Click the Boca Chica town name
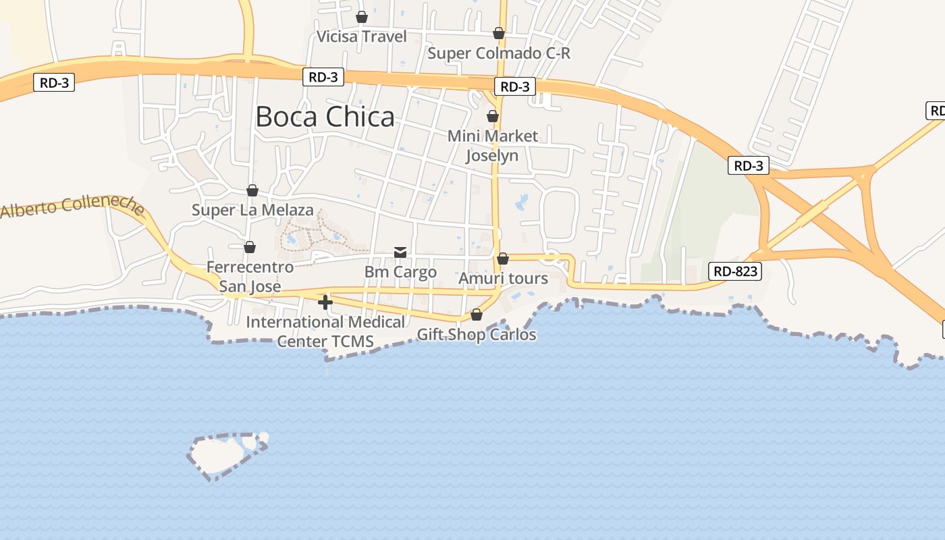pyautogui.click(x=325, y=117)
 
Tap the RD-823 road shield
pyautogui.click(x=736, y=272)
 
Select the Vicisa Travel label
pyautogui.click(x=362, y=36)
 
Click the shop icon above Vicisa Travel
pyautogui.click(x=362, y=17)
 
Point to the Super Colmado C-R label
pyautogui.click(x=499, y=53)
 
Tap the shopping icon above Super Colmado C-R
pyautogui.click(x=499, y=33)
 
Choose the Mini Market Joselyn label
pyautogui.click(x=493, y=146)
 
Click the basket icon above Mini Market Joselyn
pyautogui.click(x=493, y=116)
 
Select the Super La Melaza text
pyautogui.click(x=252, y=210)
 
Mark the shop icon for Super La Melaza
pyautogui.click(x=252, y=190)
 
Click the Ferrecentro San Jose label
pyautogui.click(x=250, y=277)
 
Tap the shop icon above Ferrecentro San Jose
pyautogui.click(x=250, y=248)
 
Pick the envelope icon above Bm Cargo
pyautogui.click(x=400, y=252)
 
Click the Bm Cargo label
pyautogui.click(x=400, y=272)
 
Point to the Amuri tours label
pyautogui.click(x=503, y=278)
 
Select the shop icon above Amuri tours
pyautogui.click(x=503, y=259)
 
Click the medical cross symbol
pyautogui.click(x=325, y=302)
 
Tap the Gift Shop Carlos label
pyautogui.click(x=477, y=334)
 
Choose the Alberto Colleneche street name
pyautogui.click(x=72, y=207)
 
